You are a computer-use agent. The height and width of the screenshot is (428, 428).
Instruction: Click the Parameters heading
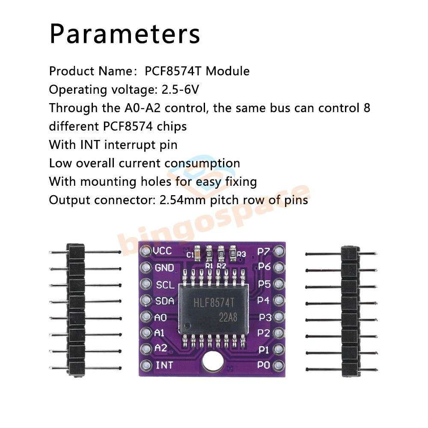click(125, 34)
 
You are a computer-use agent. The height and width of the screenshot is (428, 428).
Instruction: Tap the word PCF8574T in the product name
click(173, 71)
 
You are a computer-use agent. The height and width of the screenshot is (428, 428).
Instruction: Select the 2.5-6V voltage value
click(181, 89)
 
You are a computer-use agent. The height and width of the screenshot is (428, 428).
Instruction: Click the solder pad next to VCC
click(146, 250)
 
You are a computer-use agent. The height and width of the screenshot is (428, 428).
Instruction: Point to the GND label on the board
click(164, 268)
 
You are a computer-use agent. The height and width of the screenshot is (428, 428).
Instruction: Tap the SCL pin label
click(165, 285)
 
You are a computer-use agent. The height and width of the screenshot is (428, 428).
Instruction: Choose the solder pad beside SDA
click(146, 300)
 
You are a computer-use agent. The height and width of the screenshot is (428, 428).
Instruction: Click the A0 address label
click(160, 318)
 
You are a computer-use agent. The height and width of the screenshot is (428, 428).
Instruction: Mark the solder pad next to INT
click(146, 366)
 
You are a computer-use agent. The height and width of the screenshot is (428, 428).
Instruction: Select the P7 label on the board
click(264, 251)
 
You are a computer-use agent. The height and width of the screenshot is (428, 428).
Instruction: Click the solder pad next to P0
click(279, 366)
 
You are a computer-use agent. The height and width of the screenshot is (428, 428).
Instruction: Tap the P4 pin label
click(263, 300)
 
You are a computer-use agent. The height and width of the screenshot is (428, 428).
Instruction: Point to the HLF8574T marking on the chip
click(214, 303)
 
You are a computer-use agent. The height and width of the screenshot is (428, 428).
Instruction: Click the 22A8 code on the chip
click(228, 318)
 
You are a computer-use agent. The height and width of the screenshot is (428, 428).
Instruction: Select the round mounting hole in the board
click(213, 362)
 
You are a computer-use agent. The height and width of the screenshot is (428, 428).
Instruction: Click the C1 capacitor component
click(197, 253)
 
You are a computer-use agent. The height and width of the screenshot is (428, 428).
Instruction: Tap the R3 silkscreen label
click(241, 254)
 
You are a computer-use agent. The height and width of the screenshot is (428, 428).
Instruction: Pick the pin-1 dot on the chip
click(187, 325)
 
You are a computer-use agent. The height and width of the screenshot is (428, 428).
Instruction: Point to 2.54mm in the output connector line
click(182, 200)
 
